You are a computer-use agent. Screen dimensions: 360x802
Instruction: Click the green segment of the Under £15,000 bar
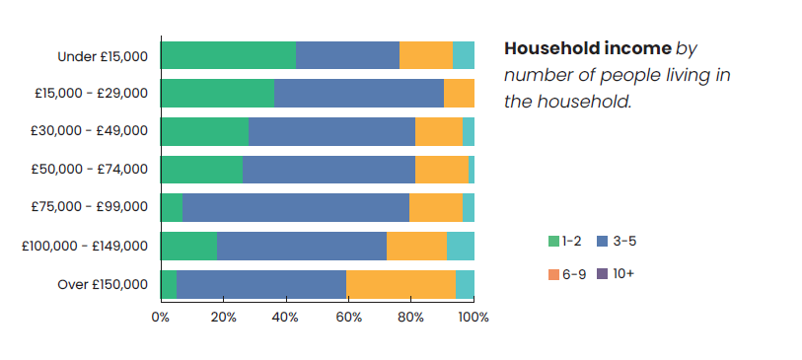pyautogui.click(x=228, y=55)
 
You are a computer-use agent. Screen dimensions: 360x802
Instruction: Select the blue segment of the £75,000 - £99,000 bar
pyautogui.click(x=296, y=208)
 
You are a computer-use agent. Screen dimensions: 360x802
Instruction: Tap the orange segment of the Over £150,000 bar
pyautogui.click(x=401, y=284)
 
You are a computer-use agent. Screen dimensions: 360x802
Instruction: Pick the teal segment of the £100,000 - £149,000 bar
pyautogui.click(x=461, y=246)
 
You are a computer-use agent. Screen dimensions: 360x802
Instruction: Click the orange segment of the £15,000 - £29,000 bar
pyautogui.click(x=459, y=93)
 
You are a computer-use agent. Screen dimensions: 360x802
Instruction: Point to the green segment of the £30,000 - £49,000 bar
pyautogui.click(x=204, y=131)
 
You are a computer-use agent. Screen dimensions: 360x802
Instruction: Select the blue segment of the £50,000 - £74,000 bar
pyautogui.click(x=328, y=170)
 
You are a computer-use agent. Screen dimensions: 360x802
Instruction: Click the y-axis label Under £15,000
pyautogui.click(x=103, y=56)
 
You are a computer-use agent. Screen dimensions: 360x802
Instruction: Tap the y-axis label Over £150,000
pyautogui.click(x=103, y=285)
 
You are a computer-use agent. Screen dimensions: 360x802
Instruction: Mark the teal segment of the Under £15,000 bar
pyautogui.click(x=464, y=55)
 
